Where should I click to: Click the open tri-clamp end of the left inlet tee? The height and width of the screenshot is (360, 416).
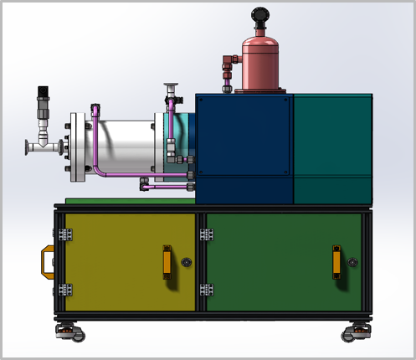27,147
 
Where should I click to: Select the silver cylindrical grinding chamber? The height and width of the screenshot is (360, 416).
120,147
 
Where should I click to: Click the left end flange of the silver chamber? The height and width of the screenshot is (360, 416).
74,147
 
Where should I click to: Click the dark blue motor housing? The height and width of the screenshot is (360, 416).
244,147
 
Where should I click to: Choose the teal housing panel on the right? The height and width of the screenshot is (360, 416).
332,147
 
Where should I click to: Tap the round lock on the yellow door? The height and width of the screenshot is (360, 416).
185,262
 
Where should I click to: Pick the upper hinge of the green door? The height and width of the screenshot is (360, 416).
206,234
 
